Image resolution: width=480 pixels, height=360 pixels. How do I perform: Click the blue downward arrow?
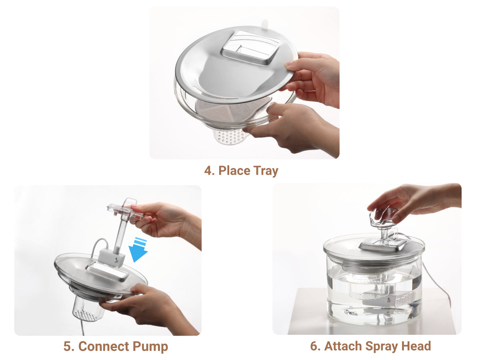click(x=138, y=250)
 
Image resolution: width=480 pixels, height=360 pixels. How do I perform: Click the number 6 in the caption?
click(x=314, y=346)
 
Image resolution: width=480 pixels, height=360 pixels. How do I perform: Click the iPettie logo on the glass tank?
click(x=351, y=313)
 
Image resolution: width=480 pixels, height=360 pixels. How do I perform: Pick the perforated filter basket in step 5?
click(x=88, y=309)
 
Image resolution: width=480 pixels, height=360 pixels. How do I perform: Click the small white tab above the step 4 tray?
click(x=264, y=25)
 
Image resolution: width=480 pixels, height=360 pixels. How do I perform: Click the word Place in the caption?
click(x=234, y=171)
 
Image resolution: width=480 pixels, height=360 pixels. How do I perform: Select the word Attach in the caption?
click(x=343, y=346)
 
